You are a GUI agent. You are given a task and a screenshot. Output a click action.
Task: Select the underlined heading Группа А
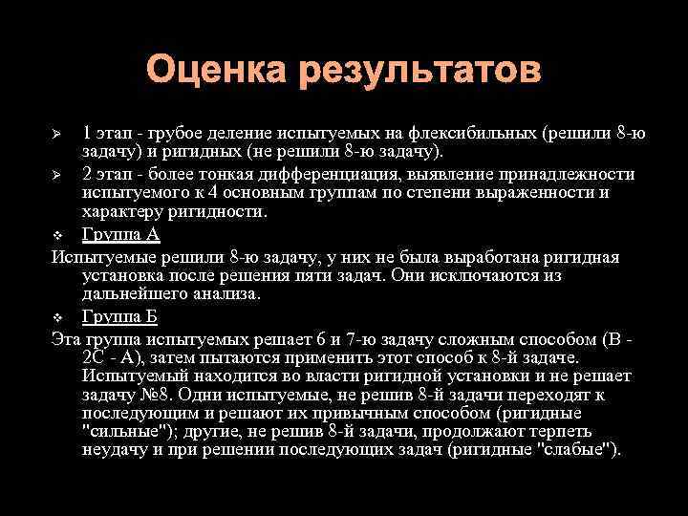click(121, 235)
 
